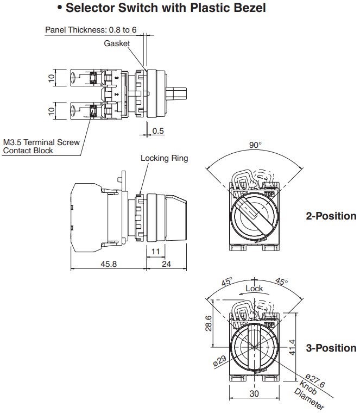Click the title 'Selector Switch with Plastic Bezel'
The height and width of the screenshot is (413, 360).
click(x=166, y=8)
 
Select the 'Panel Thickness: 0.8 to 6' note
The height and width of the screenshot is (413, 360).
click(x=91, y=30)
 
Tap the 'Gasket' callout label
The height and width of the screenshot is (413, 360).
click(x=117, y=43)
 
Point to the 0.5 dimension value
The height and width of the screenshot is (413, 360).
click(x=158, y=131)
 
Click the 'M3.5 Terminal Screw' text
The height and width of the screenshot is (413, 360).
click(x=41, y=142)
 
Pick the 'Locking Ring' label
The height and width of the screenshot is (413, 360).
click(x=164, y=158)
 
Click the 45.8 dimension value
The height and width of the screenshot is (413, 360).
click(x=109, y=264)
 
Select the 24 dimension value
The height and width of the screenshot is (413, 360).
click(x=166, y=264)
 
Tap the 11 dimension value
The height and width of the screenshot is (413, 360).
click(x=156, y=252)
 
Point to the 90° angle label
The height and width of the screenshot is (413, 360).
click(x=255, y=145)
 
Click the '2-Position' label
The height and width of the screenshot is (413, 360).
click(x=331, y=216)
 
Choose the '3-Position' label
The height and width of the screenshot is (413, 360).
click(x=331, y=348)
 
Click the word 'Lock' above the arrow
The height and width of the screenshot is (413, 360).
click(x=254, y=289)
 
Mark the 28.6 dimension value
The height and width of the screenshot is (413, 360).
click(x=209, y=323)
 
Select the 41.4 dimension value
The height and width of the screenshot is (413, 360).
click(x=292, y=347)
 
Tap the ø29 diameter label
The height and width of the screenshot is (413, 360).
click(x=220, y=361)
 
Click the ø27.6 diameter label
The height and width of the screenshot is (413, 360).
click(x=315, y=381)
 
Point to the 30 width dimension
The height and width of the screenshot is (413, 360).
click(x=254, y=393)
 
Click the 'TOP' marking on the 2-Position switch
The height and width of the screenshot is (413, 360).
click(x=269, y=194)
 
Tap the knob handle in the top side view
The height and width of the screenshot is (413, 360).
click(x=176, y=93)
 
